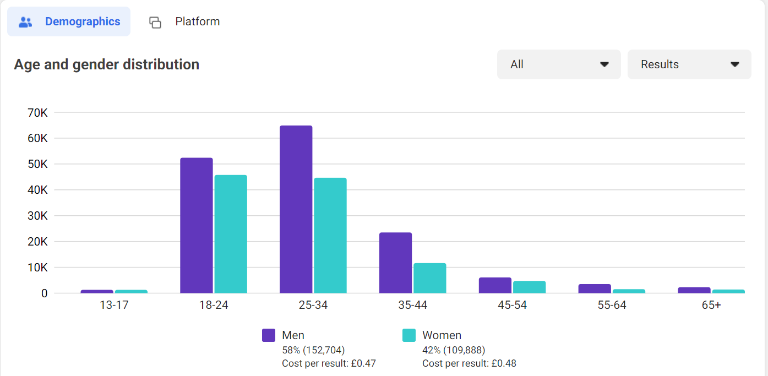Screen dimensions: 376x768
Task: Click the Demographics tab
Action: point(69,21)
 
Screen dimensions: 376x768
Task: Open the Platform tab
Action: point(184,21)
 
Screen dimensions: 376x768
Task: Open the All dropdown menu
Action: point(559,64)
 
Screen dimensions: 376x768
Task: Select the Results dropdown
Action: point(689,64)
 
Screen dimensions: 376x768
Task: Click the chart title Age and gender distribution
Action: point(106,64)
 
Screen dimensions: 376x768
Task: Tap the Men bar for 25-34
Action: point(296,209)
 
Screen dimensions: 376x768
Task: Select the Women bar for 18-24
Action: point(231,234)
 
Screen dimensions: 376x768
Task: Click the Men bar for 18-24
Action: point(196,226)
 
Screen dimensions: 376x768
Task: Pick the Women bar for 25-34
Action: point(330,236)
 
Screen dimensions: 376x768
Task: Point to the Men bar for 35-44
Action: point(395,263)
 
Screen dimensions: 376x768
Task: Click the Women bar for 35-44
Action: point(430,278)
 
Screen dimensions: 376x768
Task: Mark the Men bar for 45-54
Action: point(495,285)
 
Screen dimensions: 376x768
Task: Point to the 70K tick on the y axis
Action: point(37,112)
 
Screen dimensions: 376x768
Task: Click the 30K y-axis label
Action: point(37,216)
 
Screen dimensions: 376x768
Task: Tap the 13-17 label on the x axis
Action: point(114,305)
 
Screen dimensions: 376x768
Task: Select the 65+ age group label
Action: point(711,305)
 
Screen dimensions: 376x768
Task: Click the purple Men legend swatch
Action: point(269,335)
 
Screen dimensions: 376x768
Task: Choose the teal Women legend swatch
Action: point(409,335)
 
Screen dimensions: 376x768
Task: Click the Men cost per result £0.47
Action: point(329,363)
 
